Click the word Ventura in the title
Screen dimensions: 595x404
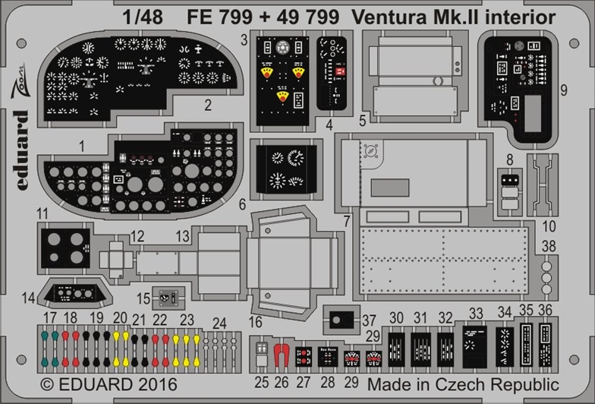click(389, 17)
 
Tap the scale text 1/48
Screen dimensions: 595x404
click(143, 17)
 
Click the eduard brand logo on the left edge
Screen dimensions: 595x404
click(21, 150)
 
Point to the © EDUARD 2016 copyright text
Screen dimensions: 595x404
click(109, 384)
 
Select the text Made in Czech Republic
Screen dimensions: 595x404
click(463, 384)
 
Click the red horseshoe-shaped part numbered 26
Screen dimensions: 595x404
click(281, 355)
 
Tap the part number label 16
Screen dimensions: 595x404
click(255, 322)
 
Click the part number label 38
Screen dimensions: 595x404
click(549, 246)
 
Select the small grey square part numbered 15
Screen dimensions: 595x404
click(168, 298)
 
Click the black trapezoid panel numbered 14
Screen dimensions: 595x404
click(74, 293)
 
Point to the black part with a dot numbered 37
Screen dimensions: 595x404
click(342, 320)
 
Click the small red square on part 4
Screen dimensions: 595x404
click(340, 71)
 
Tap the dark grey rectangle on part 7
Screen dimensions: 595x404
click(390, 188)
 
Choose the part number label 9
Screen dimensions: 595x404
click(563, 90)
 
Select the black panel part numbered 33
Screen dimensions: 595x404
click(474, 346)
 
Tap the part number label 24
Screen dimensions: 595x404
click(219, 324)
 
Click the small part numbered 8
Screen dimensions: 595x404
click(510, 191)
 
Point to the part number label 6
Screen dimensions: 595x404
click(243, 204)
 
